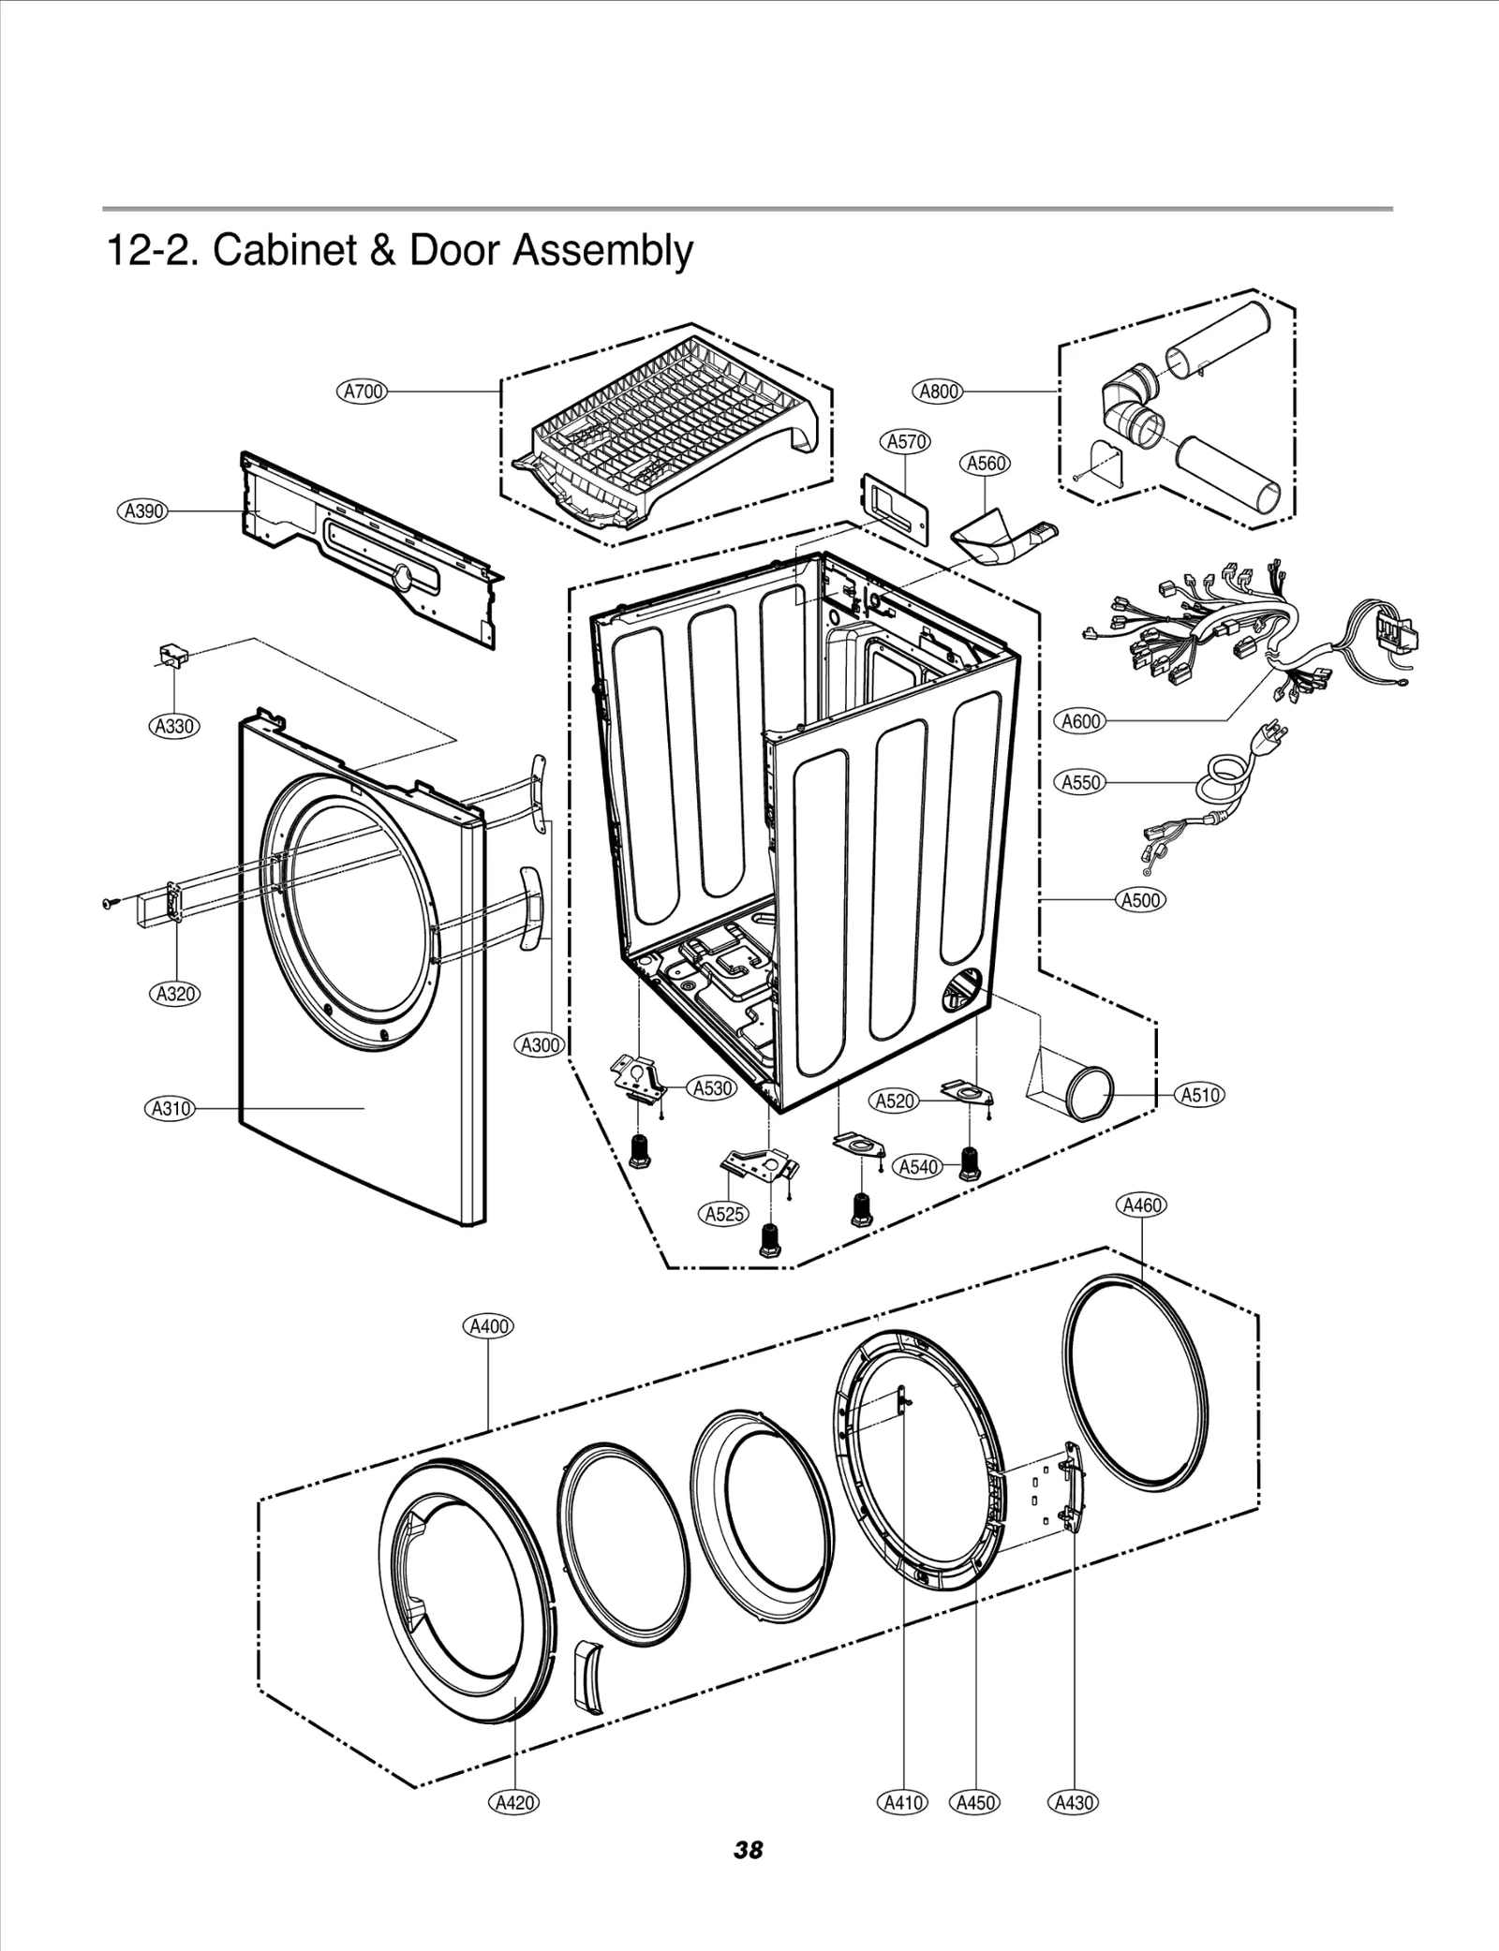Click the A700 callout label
[x=363, y=392]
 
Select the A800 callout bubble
[x=938, y=392]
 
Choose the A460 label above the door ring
[x=1142, y=1205]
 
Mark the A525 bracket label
[x=723, y=1214]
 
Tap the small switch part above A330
[x=171, y=654]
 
